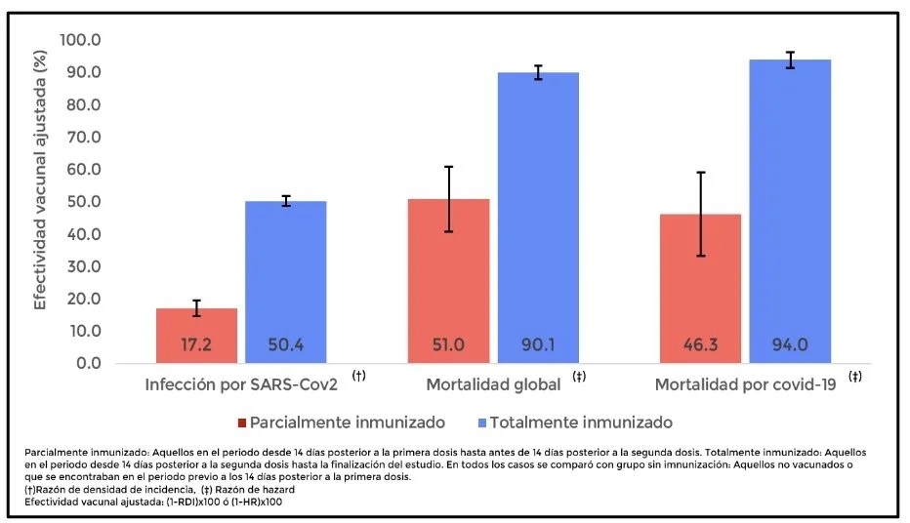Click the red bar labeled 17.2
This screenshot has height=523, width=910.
(196, 336)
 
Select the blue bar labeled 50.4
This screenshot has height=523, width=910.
(284, 282)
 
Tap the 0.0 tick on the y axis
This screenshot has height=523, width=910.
(88, 364)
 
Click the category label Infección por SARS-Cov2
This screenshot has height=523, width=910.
(241, 383)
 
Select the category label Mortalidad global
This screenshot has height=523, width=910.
(493, 383)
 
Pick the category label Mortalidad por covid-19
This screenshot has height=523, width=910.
(745, 383)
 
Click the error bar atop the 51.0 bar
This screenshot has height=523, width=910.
(449, 199)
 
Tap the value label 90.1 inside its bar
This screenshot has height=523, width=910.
(537, 344)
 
